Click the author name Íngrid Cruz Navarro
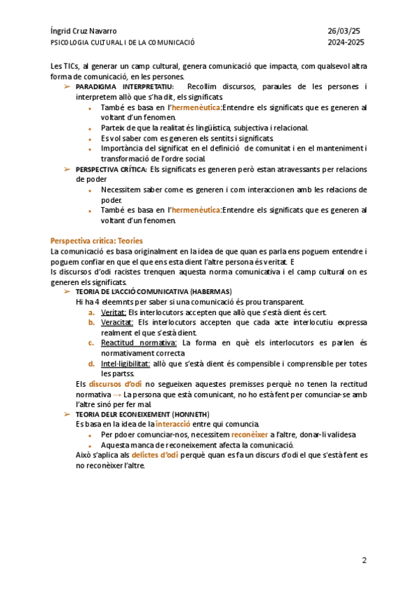click(84, 31)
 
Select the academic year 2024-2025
click(346, 42)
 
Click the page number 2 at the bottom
click(364, 560)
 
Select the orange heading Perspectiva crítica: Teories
click(97, 240)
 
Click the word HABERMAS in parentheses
click(211, 291)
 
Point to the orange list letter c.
click(91, 343)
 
